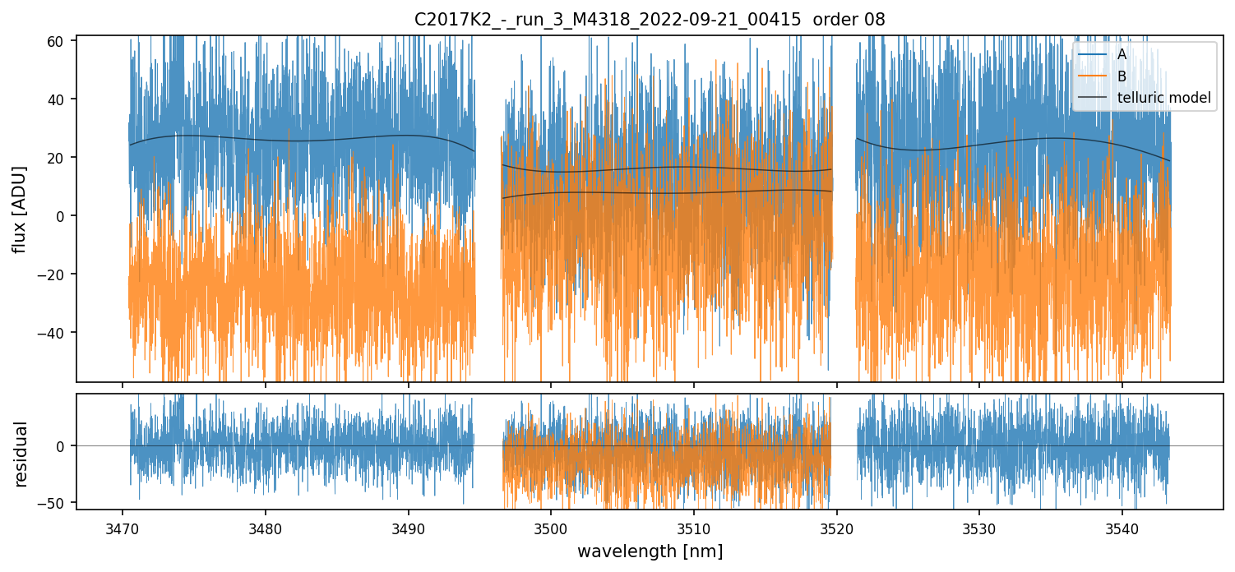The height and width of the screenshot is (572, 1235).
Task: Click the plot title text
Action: coord(650,20)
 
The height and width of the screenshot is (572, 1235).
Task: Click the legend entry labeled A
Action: coord(1122,54)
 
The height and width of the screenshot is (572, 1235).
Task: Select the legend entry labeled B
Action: coord(1122,76)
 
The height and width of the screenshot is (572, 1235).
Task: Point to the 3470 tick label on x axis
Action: coord(123,528)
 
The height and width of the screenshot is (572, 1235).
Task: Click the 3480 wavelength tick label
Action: coord(265,528)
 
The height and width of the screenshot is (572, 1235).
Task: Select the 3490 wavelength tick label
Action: coord(408,528)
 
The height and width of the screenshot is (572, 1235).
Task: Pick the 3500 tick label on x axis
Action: coord(551,528)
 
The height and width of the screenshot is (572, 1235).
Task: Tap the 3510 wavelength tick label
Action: coord(693,528)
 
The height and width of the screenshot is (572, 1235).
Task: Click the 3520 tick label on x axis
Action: coord(836,528)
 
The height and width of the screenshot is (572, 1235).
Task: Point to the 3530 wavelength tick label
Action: coord(979,528)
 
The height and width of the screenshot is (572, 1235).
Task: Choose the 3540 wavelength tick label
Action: coord(1122,528)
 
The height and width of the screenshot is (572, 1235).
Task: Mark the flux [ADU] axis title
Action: coord(20,209)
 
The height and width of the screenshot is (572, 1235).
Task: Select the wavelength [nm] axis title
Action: coord(650,551)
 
